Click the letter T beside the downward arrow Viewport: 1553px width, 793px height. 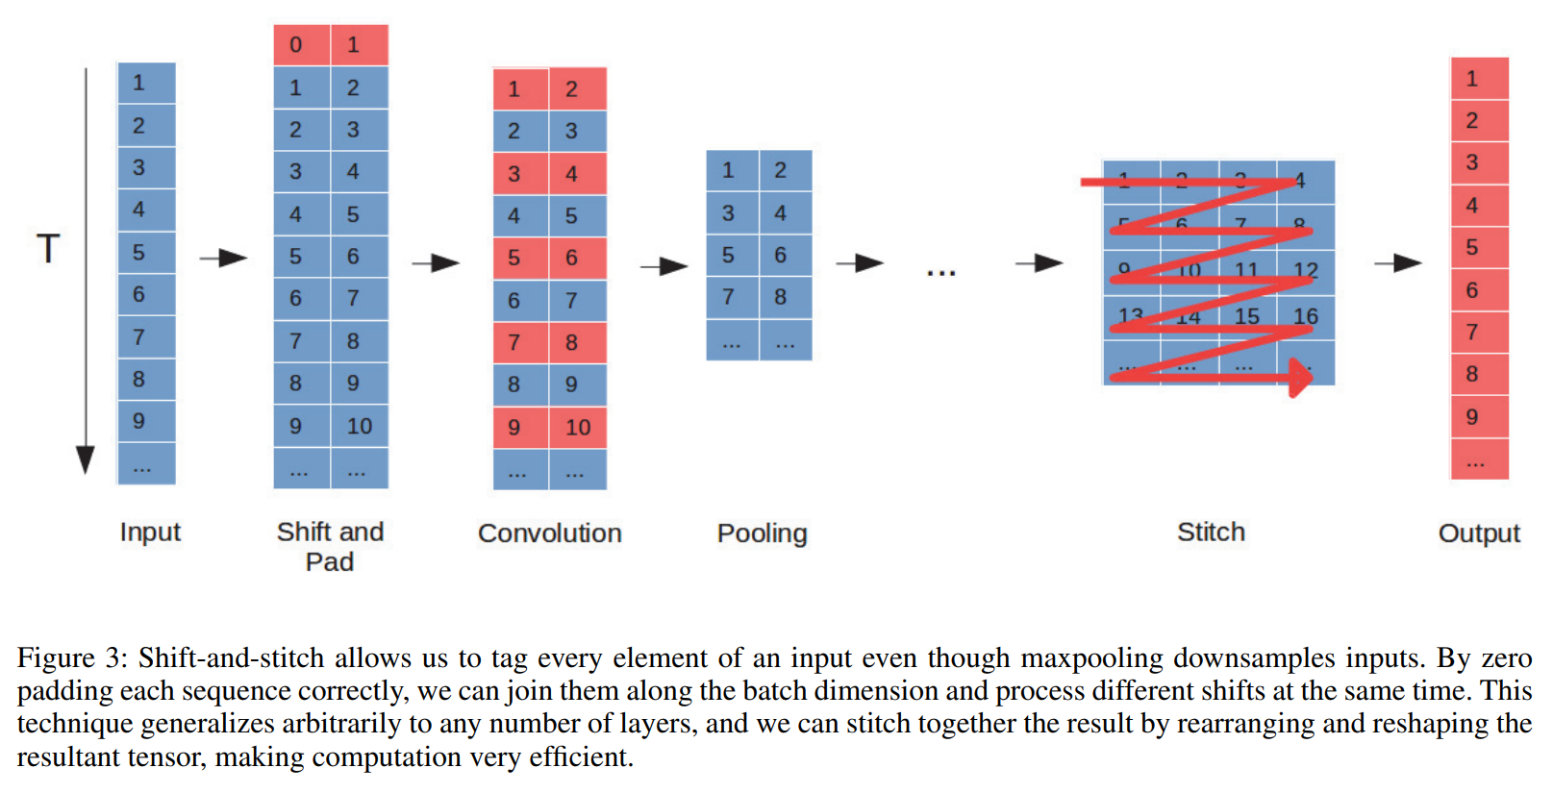pos(48,249)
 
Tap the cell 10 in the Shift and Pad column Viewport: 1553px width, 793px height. pos(360,426)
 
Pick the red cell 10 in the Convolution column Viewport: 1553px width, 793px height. pos(578,428)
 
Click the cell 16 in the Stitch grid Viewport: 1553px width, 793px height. pos(1305,316)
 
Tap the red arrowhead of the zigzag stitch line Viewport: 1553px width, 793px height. pos(1300,377)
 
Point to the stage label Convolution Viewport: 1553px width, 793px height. pos(549,533)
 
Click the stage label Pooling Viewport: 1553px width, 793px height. pos(762,533)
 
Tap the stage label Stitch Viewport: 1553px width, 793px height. pos(1211,533)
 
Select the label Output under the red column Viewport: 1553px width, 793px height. pos(1478,533)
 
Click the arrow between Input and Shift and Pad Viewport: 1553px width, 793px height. pos(223,258)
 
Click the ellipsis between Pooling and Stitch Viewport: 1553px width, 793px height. pos(940,273)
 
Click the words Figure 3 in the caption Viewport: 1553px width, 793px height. pos(71,658)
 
